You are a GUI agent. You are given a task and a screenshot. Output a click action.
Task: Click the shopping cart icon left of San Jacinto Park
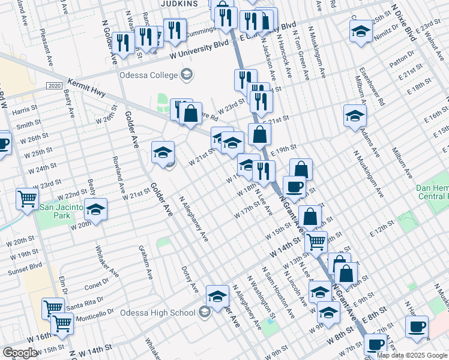(x=27, y=199)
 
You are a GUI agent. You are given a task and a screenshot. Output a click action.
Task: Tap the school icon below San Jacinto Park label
(x=95, y=209)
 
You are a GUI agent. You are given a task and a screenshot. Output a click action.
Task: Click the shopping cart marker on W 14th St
(x=316, y=242)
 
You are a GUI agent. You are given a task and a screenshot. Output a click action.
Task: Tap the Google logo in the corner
(x=20, y=353)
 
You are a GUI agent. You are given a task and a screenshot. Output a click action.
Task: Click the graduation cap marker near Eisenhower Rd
(x=355, y=115)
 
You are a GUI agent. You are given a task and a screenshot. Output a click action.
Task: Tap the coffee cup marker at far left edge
(x=3, y=143)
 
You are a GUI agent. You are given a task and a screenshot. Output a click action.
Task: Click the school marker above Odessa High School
(x=218, y=296)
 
